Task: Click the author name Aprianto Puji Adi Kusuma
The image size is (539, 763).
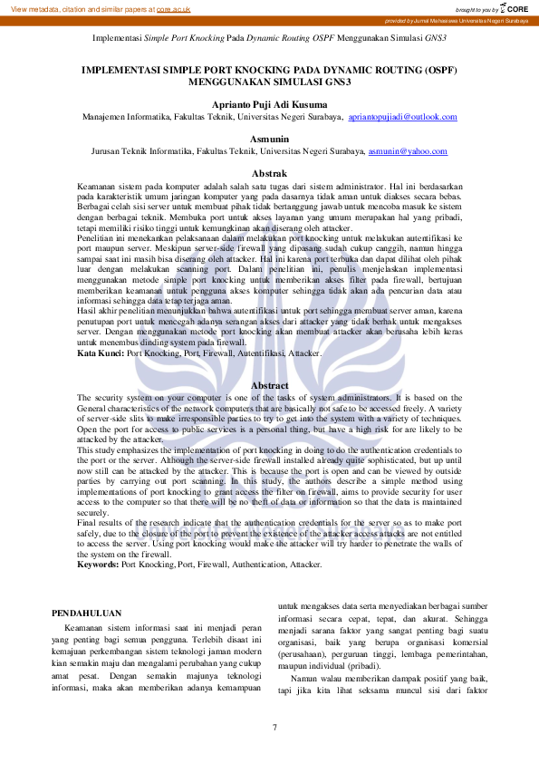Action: [x=269, y=104]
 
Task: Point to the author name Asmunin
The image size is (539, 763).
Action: [x=269, y=138]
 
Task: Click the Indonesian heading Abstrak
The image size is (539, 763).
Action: [x=269, y=172]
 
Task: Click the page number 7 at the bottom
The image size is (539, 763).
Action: [x=274, y=728]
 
